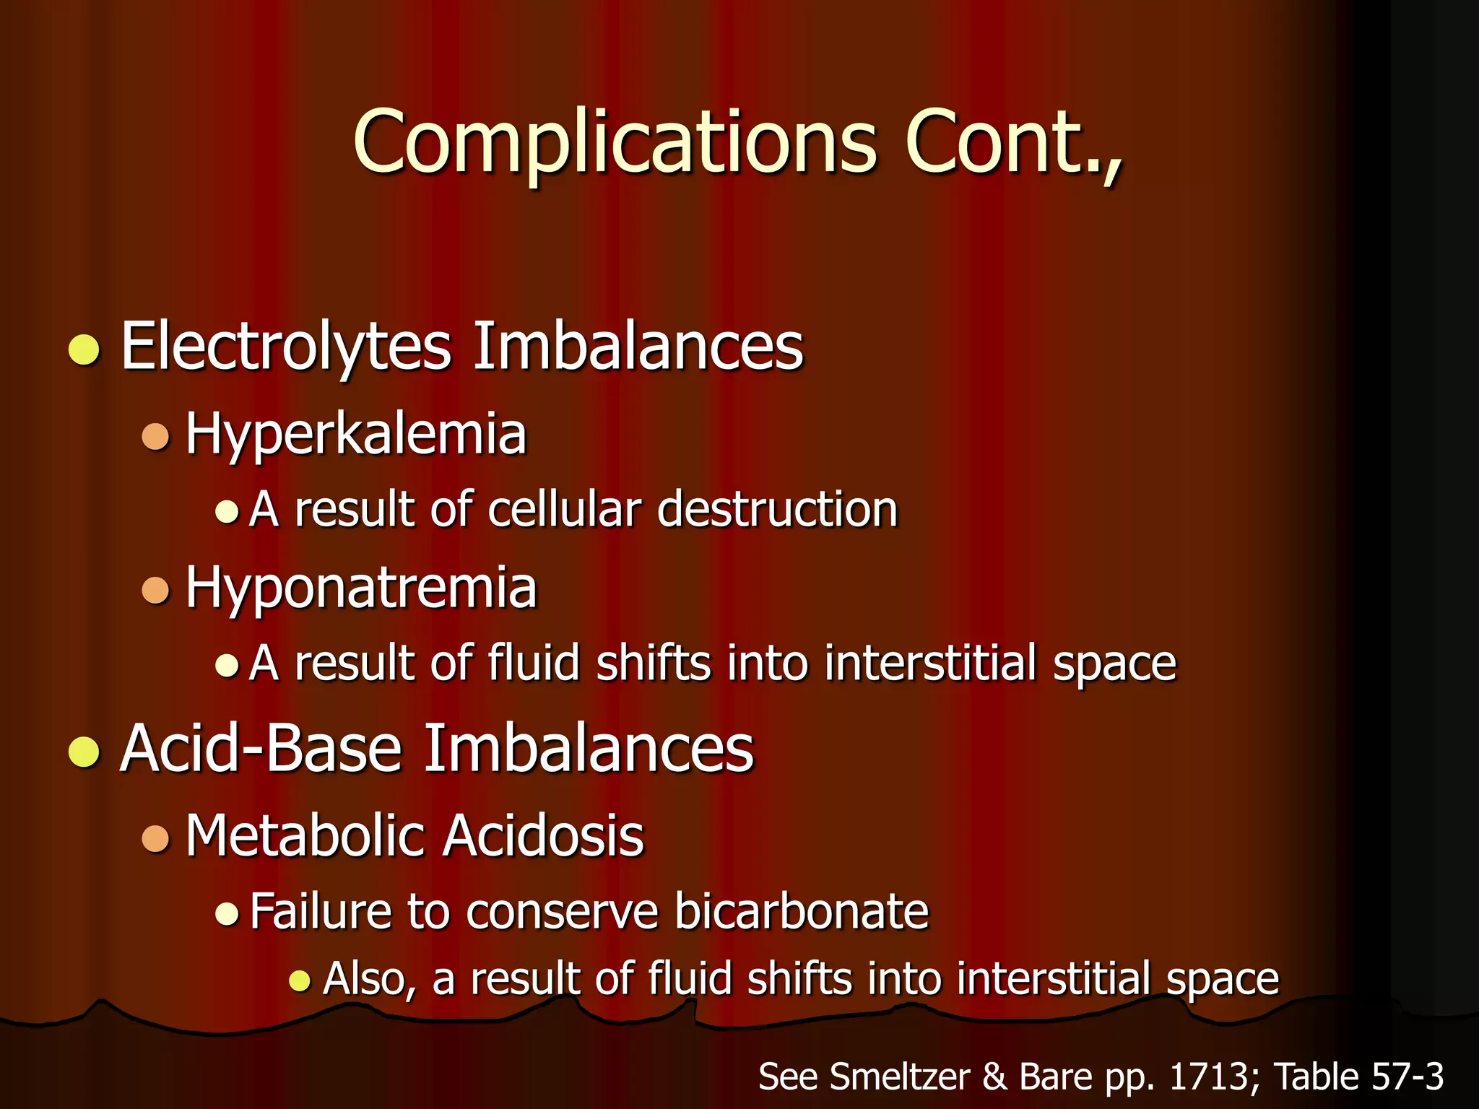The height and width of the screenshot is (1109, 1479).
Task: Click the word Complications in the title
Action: tap(614, 142)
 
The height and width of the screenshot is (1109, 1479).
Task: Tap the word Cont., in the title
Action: tap(1013, 142)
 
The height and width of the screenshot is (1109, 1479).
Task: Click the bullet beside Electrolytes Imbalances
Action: tap(84, 350)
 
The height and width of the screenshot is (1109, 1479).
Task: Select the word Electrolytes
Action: tap(286, 347)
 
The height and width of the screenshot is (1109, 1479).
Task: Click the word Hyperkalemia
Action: tap(356, 435)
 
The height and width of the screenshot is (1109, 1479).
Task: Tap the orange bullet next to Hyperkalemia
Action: tap(155, 437)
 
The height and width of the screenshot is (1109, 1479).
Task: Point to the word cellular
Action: tap(564, 510)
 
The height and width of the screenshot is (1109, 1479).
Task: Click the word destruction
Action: tap(778, 510)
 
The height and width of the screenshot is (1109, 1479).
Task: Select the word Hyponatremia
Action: tap(361, 588)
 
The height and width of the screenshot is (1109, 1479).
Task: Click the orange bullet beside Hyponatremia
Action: tap(155, 590)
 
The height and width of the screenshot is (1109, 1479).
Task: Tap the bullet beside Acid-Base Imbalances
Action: tap(84, 752)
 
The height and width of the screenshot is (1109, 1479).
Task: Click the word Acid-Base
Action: tap(261, 749)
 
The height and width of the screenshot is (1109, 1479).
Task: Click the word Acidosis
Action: tap(543, 836)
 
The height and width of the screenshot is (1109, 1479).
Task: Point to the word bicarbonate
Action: tap(802, 911)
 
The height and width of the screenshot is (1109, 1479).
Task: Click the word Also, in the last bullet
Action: tap(370, 980)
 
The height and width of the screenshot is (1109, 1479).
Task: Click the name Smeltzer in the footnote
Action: tap(900, 1077)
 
